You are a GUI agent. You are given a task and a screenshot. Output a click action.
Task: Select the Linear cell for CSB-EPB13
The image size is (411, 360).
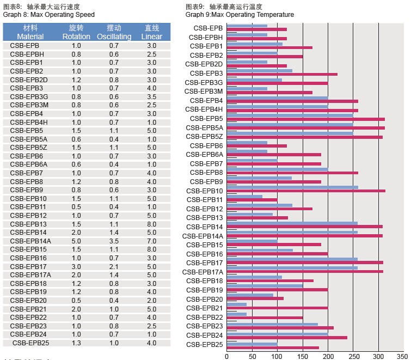[151, 224]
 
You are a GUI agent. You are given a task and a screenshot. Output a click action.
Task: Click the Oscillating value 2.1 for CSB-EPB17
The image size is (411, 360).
[114, 266]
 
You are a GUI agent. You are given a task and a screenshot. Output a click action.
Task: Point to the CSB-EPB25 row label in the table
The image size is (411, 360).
[30, 343]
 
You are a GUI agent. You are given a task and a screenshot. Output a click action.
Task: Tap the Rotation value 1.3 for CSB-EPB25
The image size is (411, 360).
[76, 343]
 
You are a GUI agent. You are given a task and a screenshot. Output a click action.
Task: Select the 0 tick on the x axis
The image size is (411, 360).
[227, 356]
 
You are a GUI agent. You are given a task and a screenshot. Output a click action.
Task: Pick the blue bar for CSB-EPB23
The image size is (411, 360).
[272, 325]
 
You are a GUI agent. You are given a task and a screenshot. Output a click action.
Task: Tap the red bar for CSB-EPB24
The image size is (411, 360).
[287, 338]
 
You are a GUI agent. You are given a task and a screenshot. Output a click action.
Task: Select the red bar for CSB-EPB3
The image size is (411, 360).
[282, 74]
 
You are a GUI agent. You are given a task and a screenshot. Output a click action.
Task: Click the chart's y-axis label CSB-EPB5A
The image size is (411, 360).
[204, 127]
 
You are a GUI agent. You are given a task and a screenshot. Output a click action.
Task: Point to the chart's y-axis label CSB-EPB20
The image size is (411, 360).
[204, 298]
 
